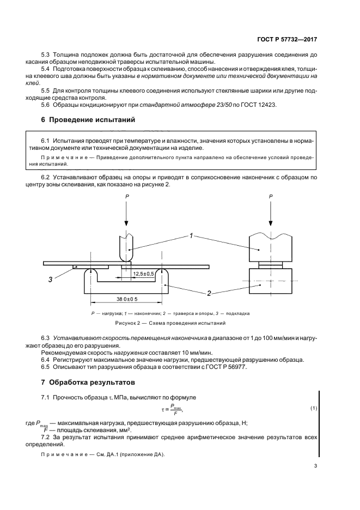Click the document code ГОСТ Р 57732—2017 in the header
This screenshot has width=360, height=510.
pos(286,40)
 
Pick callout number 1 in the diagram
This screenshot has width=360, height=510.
pos(192,236)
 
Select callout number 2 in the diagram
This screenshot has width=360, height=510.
pos(209,293)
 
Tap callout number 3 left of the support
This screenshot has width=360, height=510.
pos(50,280)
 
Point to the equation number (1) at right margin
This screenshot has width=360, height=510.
pos(314,408)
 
